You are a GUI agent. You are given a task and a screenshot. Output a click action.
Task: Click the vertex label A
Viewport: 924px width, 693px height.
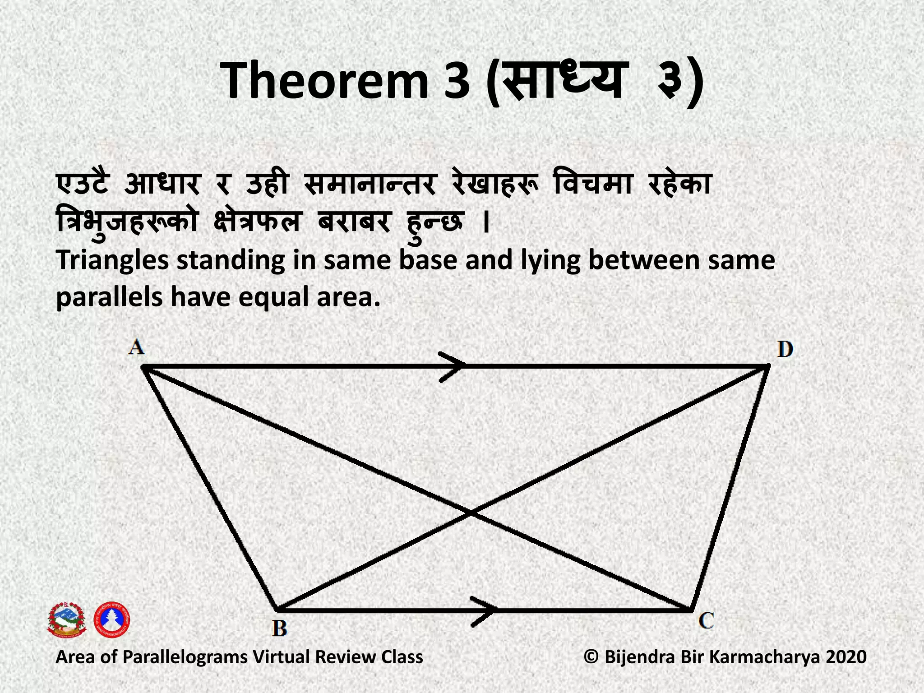click(136, 347)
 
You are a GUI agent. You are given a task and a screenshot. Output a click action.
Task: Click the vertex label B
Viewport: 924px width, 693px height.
click(280, 628)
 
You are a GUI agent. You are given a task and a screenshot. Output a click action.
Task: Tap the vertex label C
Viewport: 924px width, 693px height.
click(706, 620)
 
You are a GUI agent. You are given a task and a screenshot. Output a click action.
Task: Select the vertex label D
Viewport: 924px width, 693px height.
click(785, 350)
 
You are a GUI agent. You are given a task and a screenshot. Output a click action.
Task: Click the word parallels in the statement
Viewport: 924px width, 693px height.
click(109, 298)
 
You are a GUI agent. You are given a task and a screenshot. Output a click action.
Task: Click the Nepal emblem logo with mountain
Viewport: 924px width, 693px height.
click(67, 620)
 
